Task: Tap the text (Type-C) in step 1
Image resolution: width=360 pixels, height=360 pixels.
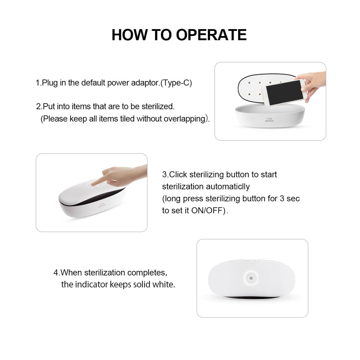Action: coord(176,83)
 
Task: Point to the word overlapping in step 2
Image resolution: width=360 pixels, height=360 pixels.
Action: coord(186,119)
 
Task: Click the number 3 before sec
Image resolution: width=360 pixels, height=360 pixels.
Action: coord(282,199)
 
